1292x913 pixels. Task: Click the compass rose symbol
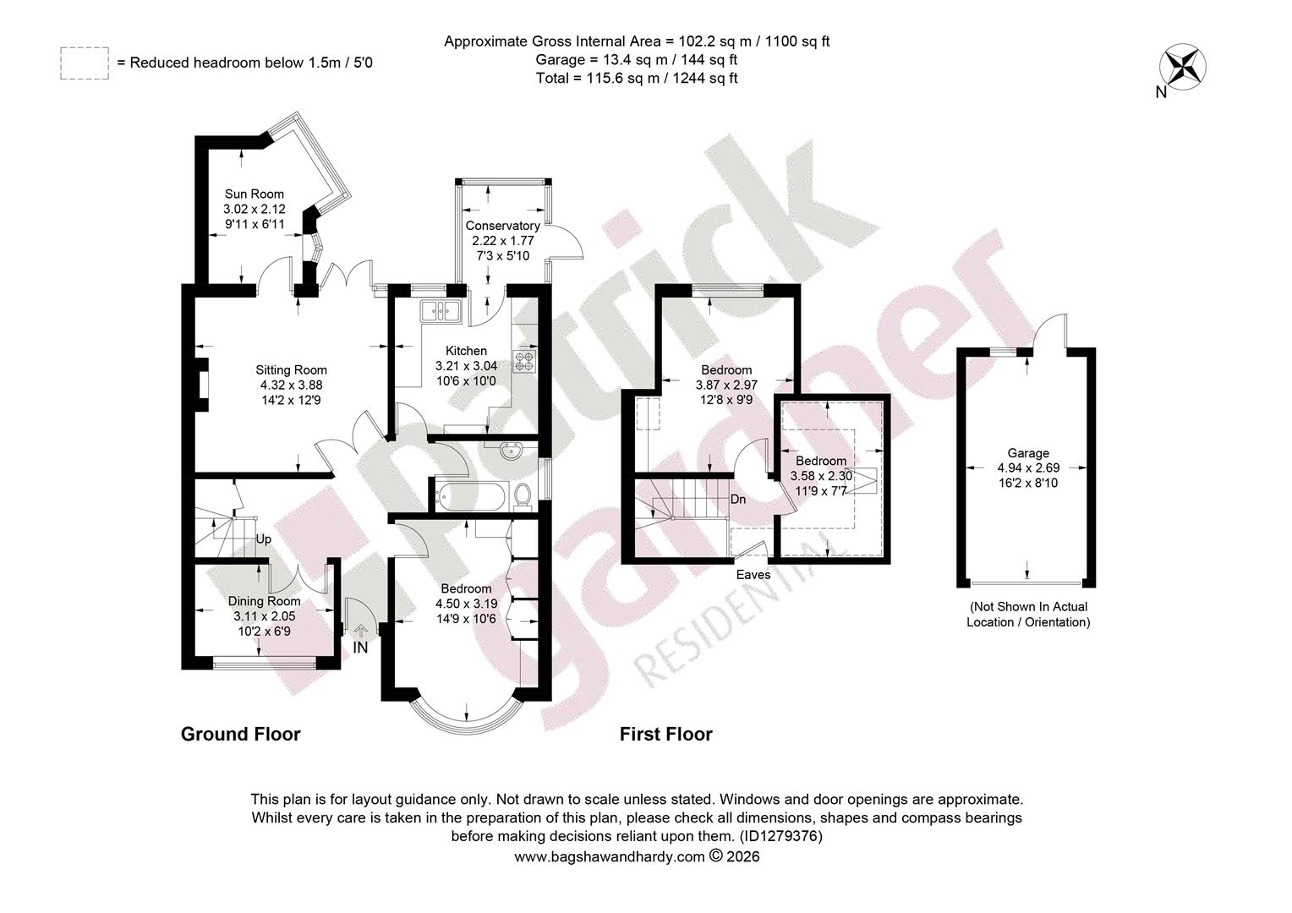(x=1182, y=67)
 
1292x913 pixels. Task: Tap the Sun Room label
(x=255, y=194)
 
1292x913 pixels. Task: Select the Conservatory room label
(x=502, y=226)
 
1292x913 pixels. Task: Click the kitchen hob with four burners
(x=525, y=360)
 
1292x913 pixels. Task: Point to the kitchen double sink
(x=441, y=311)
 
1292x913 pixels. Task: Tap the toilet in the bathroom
(x=523, y=496)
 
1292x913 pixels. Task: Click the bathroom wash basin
(x=509, y=451)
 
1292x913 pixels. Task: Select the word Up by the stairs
(x=263, y=540)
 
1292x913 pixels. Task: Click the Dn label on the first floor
(x=738, y=500)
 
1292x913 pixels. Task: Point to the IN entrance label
(x=360, y=648)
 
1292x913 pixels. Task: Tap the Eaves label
(x=753, y=575)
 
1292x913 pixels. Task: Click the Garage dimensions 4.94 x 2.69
(x=1028, y=467)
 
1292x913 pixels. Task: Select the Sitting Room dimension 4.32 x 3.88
(x=291, y=385)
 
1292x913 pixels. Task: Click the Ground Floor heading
(x=240, y=735)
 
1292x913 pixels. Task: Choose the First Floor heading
(x=666, y=735)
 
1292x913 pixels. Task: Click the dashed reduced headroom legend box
(x=85, y=63)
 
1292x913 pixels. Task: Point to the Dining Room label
(x=264, y=602)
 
